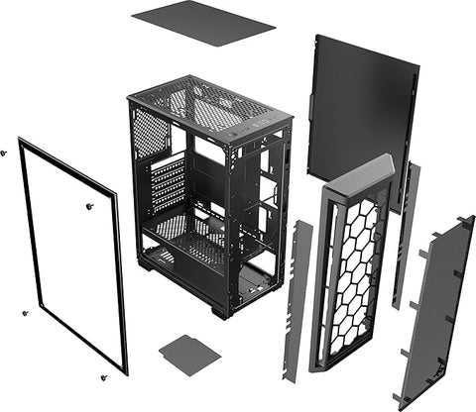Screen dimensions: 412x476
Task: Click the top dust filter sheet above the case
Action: click(x=202, y=22)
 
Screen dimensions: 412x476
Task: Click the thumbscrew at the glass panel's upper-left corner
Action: click(x=4, y=153)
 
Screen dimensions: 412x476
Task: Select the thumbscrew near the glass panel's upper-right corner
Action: click(x=89, y=206)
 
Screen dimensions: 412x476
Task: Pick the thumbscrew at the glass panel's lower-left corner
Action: click(x=25, y=313)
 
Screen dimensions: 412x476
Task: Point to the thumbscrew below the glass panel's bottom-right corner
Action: click(x=102, y=377)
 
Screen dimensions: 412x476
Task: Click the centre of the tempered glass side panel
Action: click(x=75, y=257)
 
